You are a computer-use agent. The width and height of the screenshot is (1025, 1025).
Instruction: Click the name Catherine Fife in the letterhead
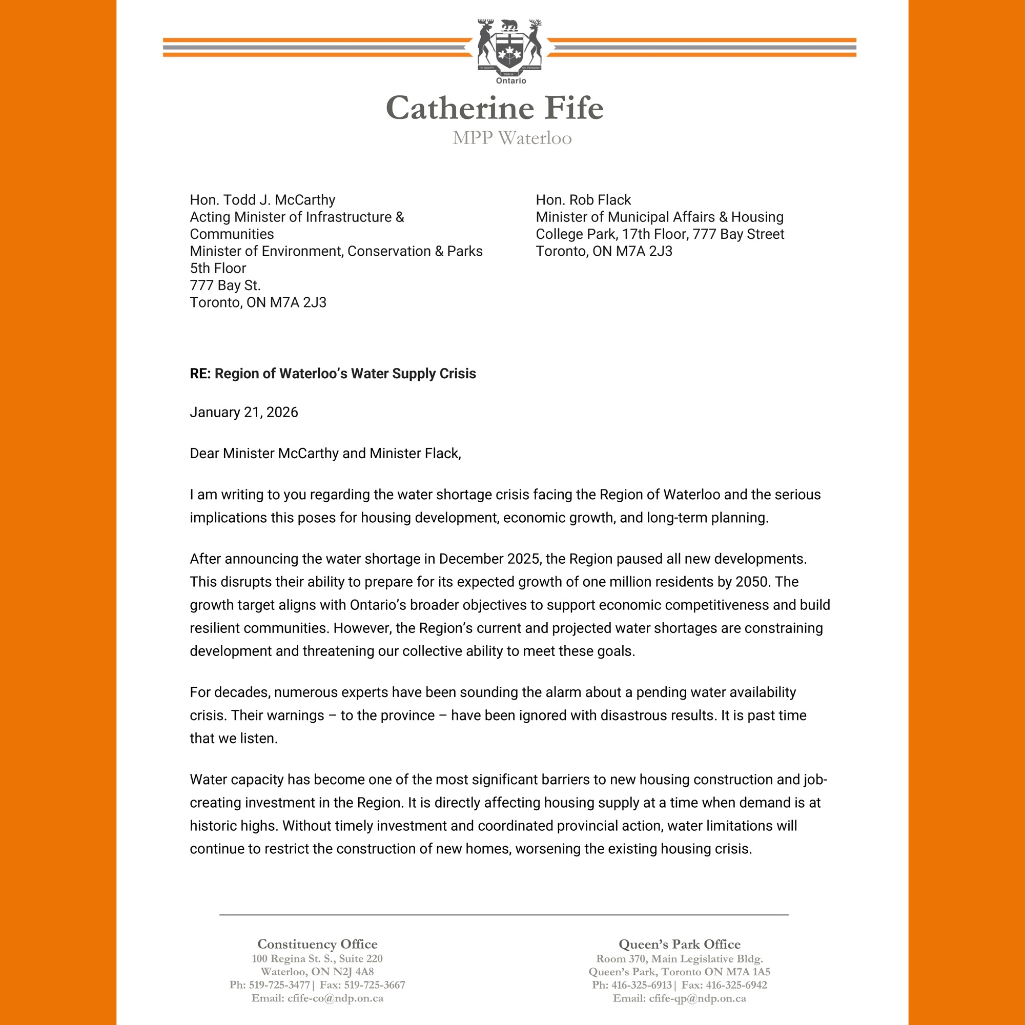[495, 108]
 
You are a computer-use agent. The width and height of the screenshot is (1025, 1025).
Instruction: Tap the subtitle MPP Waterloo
[512, 138]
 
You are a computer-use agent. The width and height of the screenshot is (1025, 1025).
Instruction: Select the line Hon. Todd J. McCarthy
[262, 200]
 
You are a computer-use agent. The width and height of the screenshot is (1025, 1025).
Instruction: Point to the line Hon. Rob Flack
[583, 200]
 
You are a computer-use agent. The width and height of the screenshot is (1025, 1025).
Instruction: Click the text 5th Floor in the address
[218, 269]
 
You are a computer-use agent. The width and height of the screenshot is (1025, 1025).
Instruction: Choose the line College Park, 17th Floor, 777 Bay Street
[660, 234]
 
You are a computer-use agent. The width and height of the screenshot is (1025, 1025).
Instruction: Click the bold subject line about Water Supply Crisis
[333, 374]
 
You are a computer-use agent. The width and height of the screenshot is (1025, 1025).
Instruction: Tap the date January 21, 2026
[244, 412]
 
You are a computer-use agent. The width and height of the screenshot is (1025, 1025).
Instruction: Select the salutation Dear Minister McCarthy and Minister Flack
[325, 454]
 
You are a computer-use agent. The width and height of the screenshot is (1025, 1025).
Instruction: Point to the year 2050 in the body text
[752, 582]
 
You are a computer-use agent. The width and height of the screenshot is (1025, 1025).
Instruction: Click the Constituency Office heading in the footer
[317, 944]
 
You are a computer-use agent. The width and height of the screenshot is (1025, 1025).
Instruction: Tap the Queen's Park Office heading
[679, 944]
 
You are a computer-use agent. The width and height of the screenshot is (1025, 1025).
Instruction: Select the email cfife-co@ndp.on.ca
[335, 998]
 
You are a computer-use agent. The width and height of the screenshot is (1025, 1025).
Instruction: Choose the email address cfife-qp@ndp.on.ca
[697, 998]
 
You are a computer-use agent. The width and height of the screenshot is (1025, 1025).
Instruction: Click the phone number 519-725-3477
[279, 985]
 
